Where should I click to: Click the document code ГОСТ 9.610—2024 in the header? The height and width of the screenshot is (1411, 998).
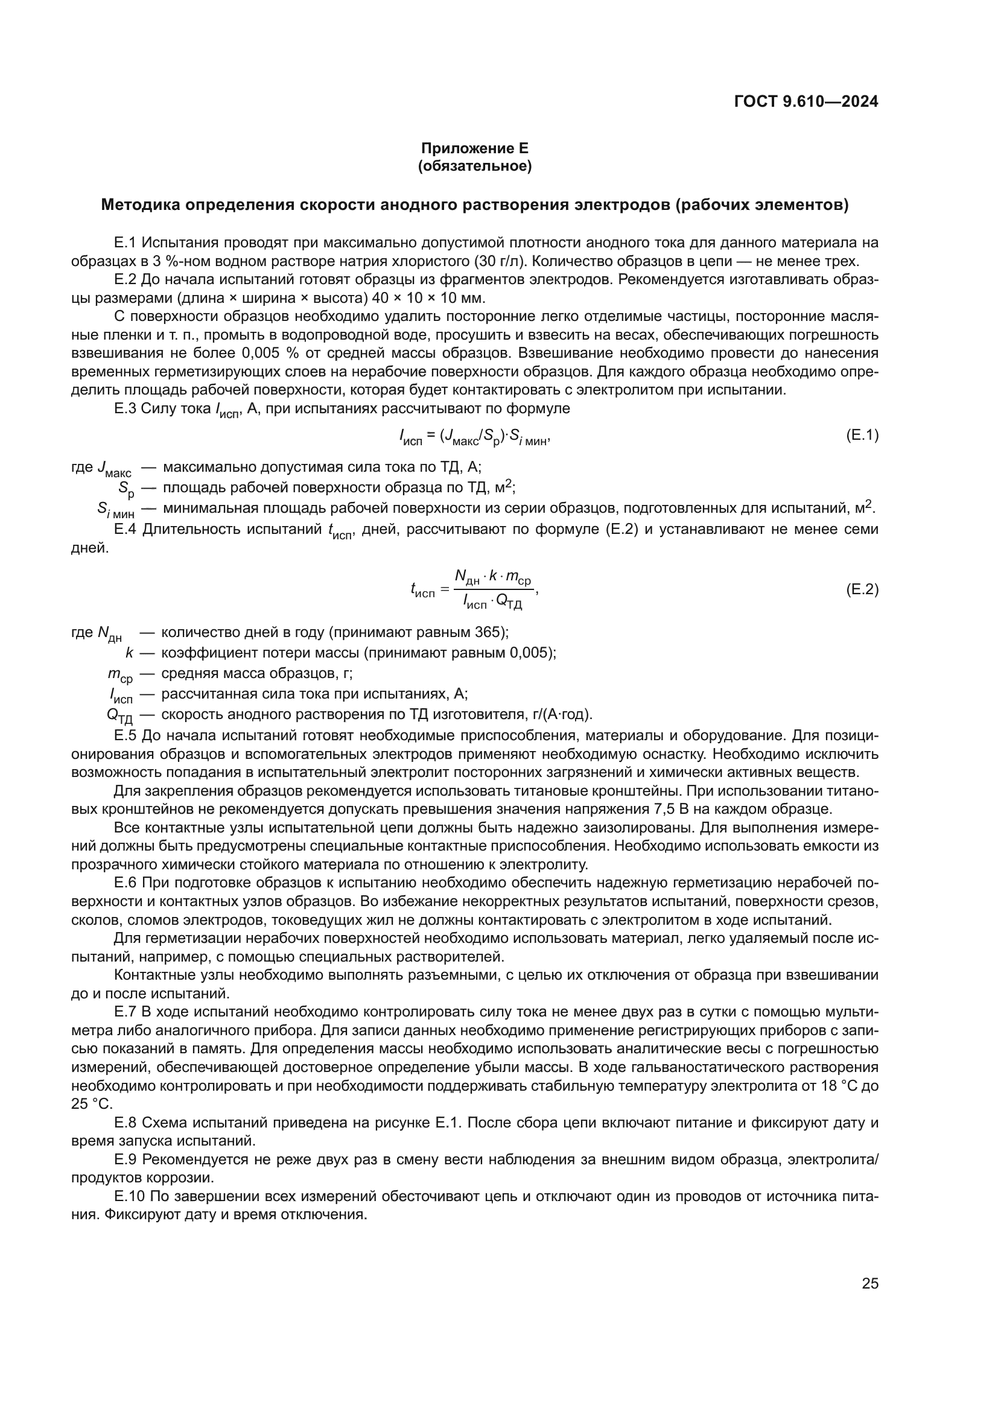806,102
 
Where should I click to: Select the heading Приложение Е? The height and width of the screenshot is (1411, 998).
474,148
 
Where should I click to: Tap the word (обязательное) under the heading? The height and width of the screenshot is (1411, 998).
474,166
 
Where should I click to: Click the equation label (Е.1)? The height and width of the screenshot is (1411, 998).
862,436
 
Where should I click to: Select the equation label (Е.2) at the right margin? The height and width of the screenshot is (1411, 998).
862,589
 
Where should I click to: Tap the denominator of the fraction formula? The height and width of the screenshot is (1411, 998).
492,603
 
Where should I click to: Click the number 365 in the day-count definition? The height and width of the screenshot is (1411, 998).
489,632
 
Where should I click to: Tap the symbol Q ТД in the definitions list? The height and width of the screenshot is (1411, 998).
119,716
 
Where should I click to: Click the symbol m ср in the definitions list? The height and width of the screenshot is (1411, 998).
120,675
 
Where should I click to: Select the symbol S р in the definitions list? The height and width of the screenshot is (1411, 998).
126,490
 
